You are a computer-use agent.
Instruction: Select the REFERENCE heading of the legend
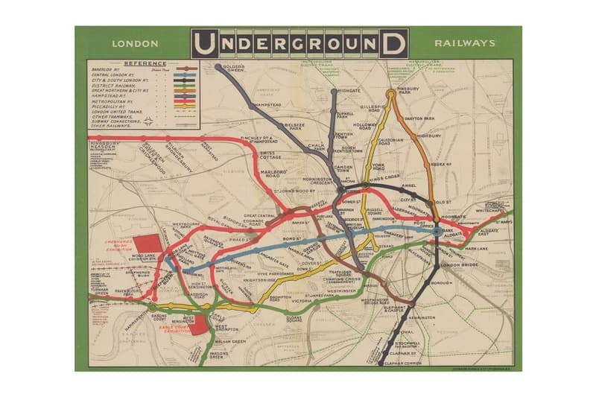[145, 63]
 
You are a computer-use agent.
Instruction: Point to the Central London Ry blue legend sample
[185, 74]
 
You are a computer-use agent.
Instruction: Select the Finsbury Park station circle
[390, 95]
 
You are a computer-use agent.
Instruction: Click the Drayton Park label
[419, 118]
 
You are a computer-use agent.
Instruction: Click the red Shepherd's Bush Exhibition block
[148, 245]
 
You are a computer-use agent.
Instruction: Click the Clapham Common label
[404, 363]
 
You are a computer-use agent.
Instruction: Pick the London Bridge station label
[459, 265]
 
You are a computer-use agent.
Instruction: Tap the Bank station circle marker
[436, 231]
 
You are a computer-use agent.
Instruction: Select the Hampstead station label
[270, 105]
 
